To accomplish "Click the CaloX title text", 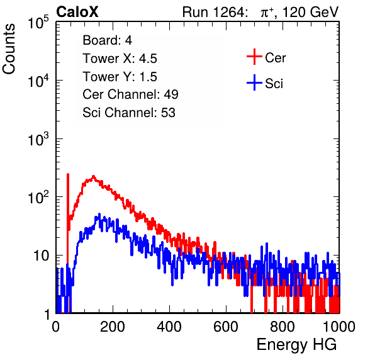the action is [77, 12].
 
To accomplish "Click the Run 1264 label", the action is [214, 12].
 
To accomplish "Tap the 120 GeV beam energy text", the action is [311, 12].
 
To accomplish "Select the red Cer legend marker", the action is [254, 57].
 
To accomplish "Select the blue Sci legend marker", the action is [254, 83].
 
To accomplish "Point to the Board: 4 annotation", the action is [108, 40].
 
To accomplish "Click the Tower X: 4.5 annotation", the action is [120, 59].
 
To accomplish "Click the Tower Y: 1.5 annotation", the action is [120, 77].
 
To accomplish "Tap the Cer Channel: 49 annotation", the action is [130, 94].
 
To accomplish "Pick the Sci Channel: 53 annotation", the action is [129, 113].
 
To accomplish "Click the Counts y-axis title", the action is [9, 49].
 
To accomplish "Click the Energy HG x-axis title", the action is [296, 345].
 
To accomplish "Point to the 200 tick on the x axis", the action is [113, 327].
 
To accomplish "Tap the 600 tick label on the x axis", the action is [226, 327].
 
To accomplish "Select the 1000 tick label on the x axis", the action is [339, 327].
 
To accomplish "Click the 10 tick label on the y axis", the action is [42, 256].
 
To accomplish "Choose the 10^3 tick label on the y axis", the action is [38, 139].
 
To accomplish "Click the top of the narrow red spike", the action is [68, 174].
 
